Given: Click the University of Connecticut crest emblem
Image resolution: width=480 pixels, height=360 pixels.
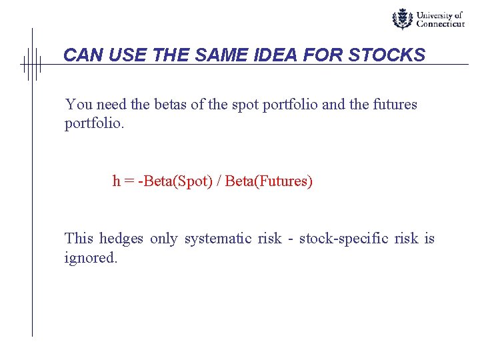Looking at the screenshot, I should pyautogui.click(x=402, y=19).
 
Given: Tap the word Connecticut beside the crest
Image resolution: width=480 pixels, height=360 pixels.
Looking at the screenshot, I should pyautogui.click(x=440, y=24).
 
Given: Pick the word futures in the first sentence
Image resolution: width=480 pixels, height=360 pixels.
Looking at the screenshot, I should pyautogui.click(x=395, y=105).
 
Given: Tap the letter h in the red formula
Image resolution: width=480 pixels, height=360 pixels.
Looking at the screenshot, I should pyautogui.click(x=116, y=181).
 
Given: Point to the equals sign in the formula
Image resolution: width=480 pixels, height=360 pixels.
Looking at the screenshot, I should pyautogui.click(x=128, y=181).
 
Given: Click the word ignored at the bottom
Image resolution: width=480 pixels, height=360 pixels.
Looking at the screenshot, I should pyautogui.click(x=91, y=258).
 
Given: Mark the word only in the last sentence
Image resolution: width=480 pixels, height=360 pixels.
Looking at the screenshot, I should pyautogui.click(x=163, y=239).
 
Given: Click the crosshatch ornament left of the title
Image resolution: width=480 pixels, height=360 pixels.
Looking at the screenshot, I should pyautogui.click(x=31, y=65).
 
